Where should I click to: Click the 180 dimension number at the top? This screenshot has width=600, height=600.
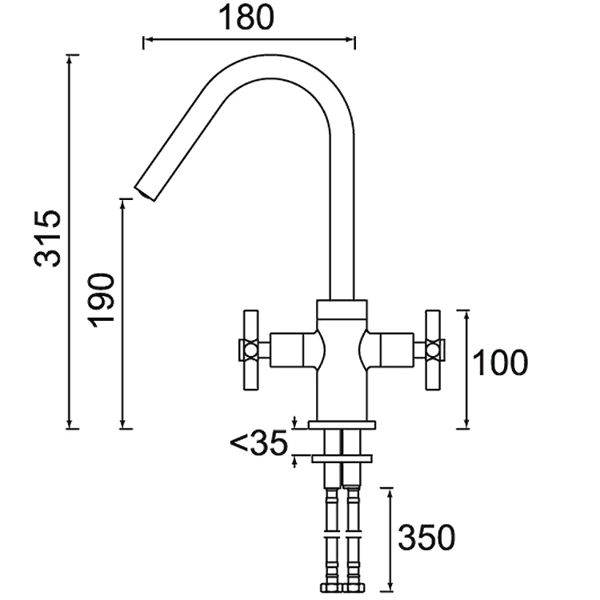click(x=246, y=18)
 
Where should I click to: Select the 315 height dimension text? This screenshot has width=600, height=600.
click(x=47, y=238)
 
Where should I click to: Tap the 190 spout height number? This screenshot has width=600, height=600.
click(x=101, y=300)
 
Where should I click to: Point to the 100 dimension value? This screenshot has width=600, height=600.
click(x=500, y=362)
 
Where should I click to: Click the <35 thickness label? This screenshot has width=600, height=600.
click(x=258, y=443)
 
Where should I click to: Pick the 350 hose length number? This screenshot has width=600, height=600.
click(x=426, y=538)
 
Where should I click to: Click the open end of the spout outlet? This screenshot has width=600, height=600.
click(x=144, y=194)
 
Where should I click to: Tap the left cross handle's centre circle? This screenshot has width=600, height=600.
click(x=250, y=350)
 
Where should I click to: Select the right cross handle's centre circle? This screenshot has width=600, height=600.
click(x=433, y=350)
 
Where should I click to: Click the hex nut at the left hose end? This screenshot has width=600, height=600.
click(x=331, y=588)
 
